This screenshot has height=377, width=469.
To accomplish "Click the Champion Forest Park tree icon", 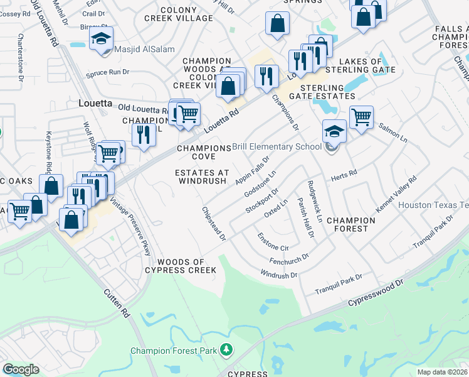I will pos(226,349).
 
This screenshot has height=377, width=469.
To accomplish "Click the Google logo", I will pos(21,369).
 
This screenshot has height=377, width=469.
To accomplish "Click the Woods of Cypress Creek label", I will pos(181,266).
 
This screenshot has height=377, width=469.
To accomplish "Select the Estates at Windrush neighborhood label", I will pos(201,177).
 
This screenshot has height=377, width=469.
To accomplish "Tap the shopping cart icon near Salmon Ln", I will pos(361,116).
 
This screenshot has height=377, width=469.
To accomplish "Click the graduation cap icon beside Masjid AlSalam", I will pos(101,39).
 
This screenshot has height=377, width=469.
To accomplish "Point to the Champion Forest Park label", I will pos(174,350).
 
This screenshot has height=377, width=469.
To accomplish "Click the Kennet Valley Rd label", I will pos(397,195).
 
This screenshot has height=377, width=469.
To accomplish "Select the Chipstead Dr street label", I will pos(213,222).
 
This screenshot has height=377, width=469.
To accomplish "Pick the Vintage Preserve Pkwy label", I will pos(131,227).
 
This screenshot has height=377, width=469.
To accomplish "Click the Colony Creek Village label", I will pos(187,14).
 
